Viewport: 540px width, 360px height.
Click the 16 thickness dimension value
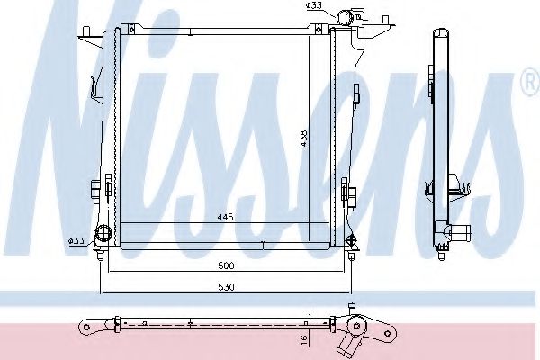304,338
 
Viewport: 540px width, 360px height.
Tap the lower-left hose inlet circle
104,232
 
